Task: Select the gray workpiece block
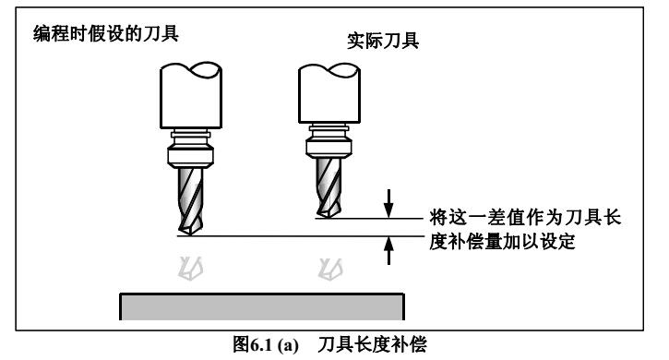[263, 304]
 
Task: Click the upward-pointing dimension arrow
[388, 250]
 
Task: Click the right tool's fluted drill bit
[324, 185]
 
